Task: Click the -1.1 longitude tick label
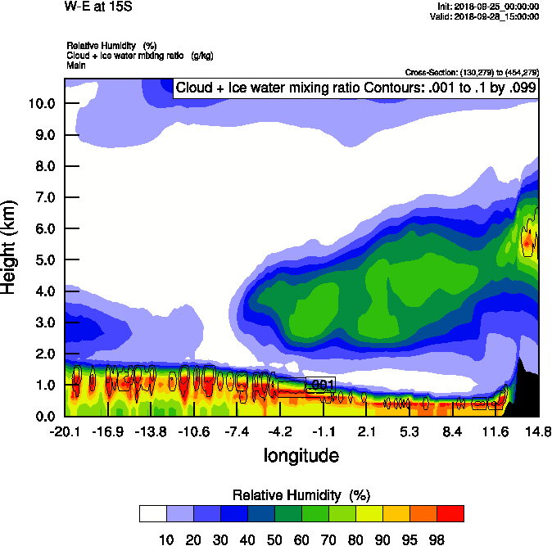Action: [323, 431]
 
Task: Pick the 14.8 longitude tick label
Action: [538, 431]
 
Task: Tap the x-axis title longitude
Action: [301, 455]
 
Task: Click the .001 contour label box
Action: [319, 384]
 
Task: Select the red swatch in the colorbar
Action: [450, 513]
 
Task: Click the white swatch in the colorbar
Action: [153, 513]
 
